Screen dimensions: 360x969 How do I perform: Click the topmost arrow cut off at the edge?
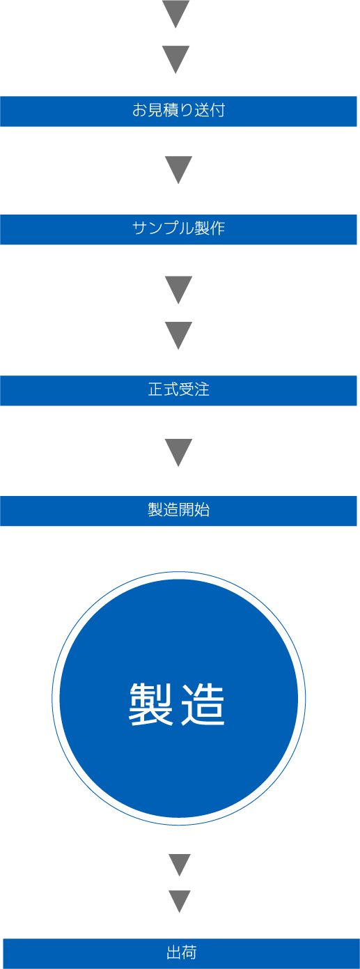click(175, 13)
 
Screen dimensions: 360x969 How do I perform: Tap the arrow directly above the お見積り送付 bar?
click(175, 59)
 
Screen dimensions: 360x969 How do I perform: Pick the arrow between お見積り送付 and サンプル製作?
click(178, 169)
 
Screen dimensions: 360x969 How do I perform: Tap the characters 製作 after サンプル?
click(210, 228)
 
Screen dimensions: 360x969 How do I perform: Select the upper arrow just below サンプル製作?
click(178, 289)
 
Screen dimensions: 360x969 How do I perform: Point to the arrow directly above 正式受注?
click(178, 335)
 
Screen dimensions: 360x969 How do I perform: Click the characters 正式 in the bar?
click(164, 390)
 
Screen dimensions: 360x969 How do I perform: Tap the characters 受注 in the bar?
click(194, 390)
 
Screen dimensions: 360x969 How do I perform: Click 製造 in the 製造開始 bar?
click(164, 510)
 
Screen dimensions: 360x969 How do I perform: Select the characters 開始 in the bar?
click(194, 510)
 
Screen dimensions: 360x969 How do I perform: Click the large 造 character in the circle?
click(203, 704)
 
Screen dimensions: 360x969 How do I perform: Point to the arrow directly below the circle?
click(180, 865)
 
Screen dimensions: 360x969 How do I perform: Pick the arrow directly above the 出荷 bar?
click(180, 901)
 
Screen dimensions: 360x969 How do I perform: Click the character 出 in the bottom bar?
click(174, 952)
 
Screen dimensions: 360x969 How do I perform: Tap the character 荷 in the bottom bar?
click(189, 952)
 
